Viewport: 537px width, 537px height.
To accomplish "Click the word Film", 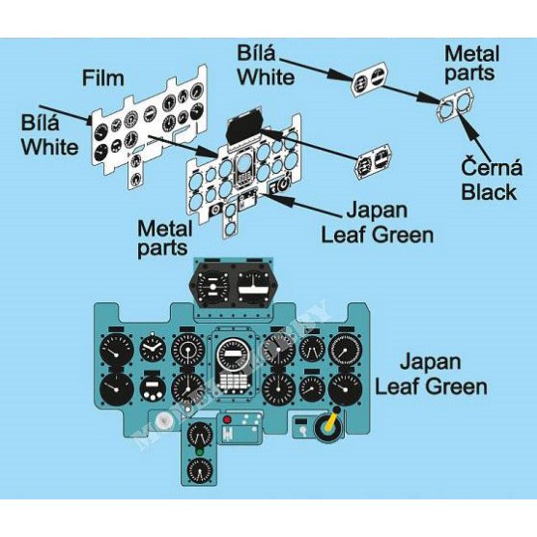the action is pyautogui.click(x=102, y=78).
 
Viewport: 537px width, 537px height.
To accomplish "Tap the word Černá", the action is pyautogui.click(x=492, y=167).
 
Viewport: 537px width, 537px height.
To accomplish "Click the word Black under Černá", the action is pyautogui.click(x=489, y=192).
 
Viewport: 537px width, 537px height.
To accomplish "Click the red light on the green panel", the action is pyautogui.click(x=227, y=420).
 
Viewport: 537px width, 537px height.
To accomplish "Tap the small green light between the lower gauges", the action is pyautogui.click(x=199, y=452).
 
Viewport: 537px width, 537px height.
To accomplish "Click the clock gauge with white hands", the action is pyautogui.click(x=153, y=349).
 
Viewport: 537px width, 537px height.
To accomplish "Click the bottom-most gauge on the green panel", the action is pyautogui.click(x=200, y=471).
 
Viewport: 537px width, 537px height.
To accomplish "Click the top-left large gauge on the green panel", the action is pyautogui.click(x=117, y=350).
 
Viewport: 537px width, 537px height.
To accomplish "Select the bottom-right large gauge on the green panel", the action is pyautogui.click(x=345, y=390).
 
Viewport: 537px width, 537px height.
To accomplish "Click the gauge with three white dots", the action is pyautogui.click(x=153, y=389).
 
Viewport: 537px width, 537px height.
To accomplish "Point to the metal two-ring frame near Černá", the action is pyautogui.click(x=455, y=105).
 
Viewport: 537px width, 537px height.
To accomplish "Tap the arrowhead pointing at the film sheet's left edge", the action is pyautogui.click(x=88, y=120).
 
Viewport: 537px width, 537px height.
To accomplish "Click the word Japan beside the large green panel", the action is pyautogui.click(x=430, y=362).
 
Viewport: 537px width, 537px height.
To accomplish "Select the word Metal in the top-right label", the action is pyautogui.click(x=471, y=54).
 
